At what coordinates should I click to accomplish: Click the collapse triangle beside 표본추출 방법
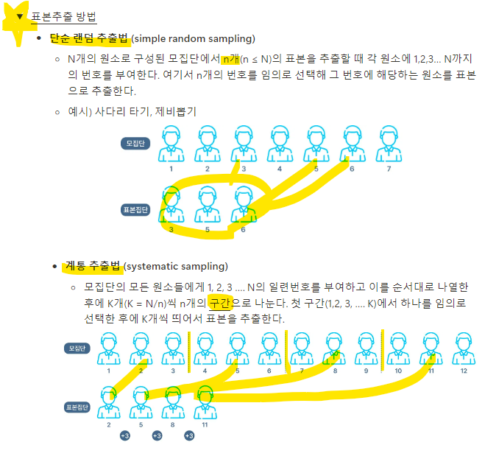21,15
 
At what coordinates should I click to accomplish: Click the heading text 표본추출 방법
64,16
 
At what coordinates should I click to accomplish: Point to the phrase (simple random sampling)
193,38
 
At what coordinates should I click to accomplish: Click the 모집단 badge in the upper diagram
135,143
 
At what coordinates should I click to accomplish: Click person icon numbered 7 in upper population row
388,144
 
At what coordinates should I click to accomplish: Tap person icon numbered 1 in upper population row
171,144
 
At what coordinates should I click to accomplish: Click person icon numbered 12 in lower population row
464,348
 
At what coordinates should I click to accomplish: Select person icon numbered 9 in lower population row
366,348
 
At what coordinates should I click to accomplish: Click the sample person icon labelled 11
206,403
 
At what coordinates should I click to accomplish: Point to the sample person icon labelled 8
173,403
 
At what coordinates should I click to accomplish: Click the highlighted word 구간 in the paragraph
220,304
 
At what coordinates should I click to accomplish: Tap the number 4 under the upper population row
280,169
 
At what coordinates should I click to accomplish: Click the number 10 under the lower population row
398,371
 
